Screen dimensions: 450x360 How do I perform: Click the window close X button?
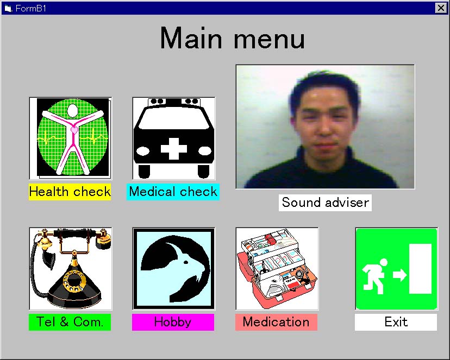tap(441, 8)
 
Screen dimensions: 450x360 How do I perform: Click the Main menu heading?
tap(232, 39)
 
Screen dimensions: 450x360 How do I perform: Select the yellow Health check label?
tap(70, 192)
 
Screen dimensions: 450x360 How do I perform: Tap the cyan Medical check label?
tap(173, 192)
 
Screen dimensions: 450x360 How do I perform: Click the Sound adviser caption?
tap(325, 203)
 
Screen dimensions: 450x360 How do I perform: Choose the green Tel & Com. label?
tap(70, 322)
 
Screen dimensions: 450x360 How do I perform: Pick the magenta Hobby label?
tap(173, 322)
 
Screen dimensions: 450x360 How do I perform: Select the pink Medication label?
tap(277, 322)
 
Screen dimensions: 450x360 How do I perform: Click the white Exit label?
tap(396, 322)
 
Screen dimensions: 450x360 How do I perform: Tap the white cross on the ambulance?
tap(173, 149)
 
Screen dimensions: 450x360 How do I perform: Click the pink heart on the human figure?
tap(74, 130)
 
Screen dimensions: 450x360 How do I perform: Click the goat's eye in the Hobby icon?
tap(186, 262)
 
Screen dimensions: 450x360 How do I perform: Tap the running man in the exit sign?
tap(374, 276)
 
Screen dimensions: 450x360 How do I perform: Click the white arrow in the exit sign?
tap(400, 275)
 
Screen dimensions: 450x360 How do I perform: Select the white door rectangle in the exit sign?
tap(420, 269)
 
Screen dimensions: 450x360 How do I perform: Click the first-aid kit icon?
tap(277, 269)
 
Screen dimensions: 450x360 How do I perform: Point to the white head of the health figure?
tap(73, 110)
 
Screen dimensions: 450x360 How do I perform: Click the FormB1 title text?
tap(31, 8)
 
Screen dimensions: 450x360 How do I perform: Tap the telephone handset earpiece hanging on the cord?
tap(49, 260)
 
